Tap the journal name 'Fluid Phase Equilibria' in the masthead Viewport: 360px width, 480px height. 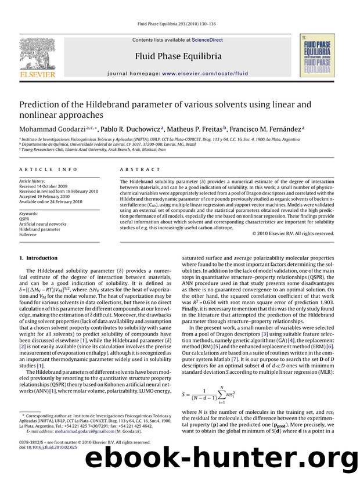pyautogui.click(x=178, y=56)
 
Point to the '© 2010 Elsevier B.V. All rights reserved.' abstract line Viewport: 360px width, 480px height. pyautogui.click(x=293, y=233)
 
